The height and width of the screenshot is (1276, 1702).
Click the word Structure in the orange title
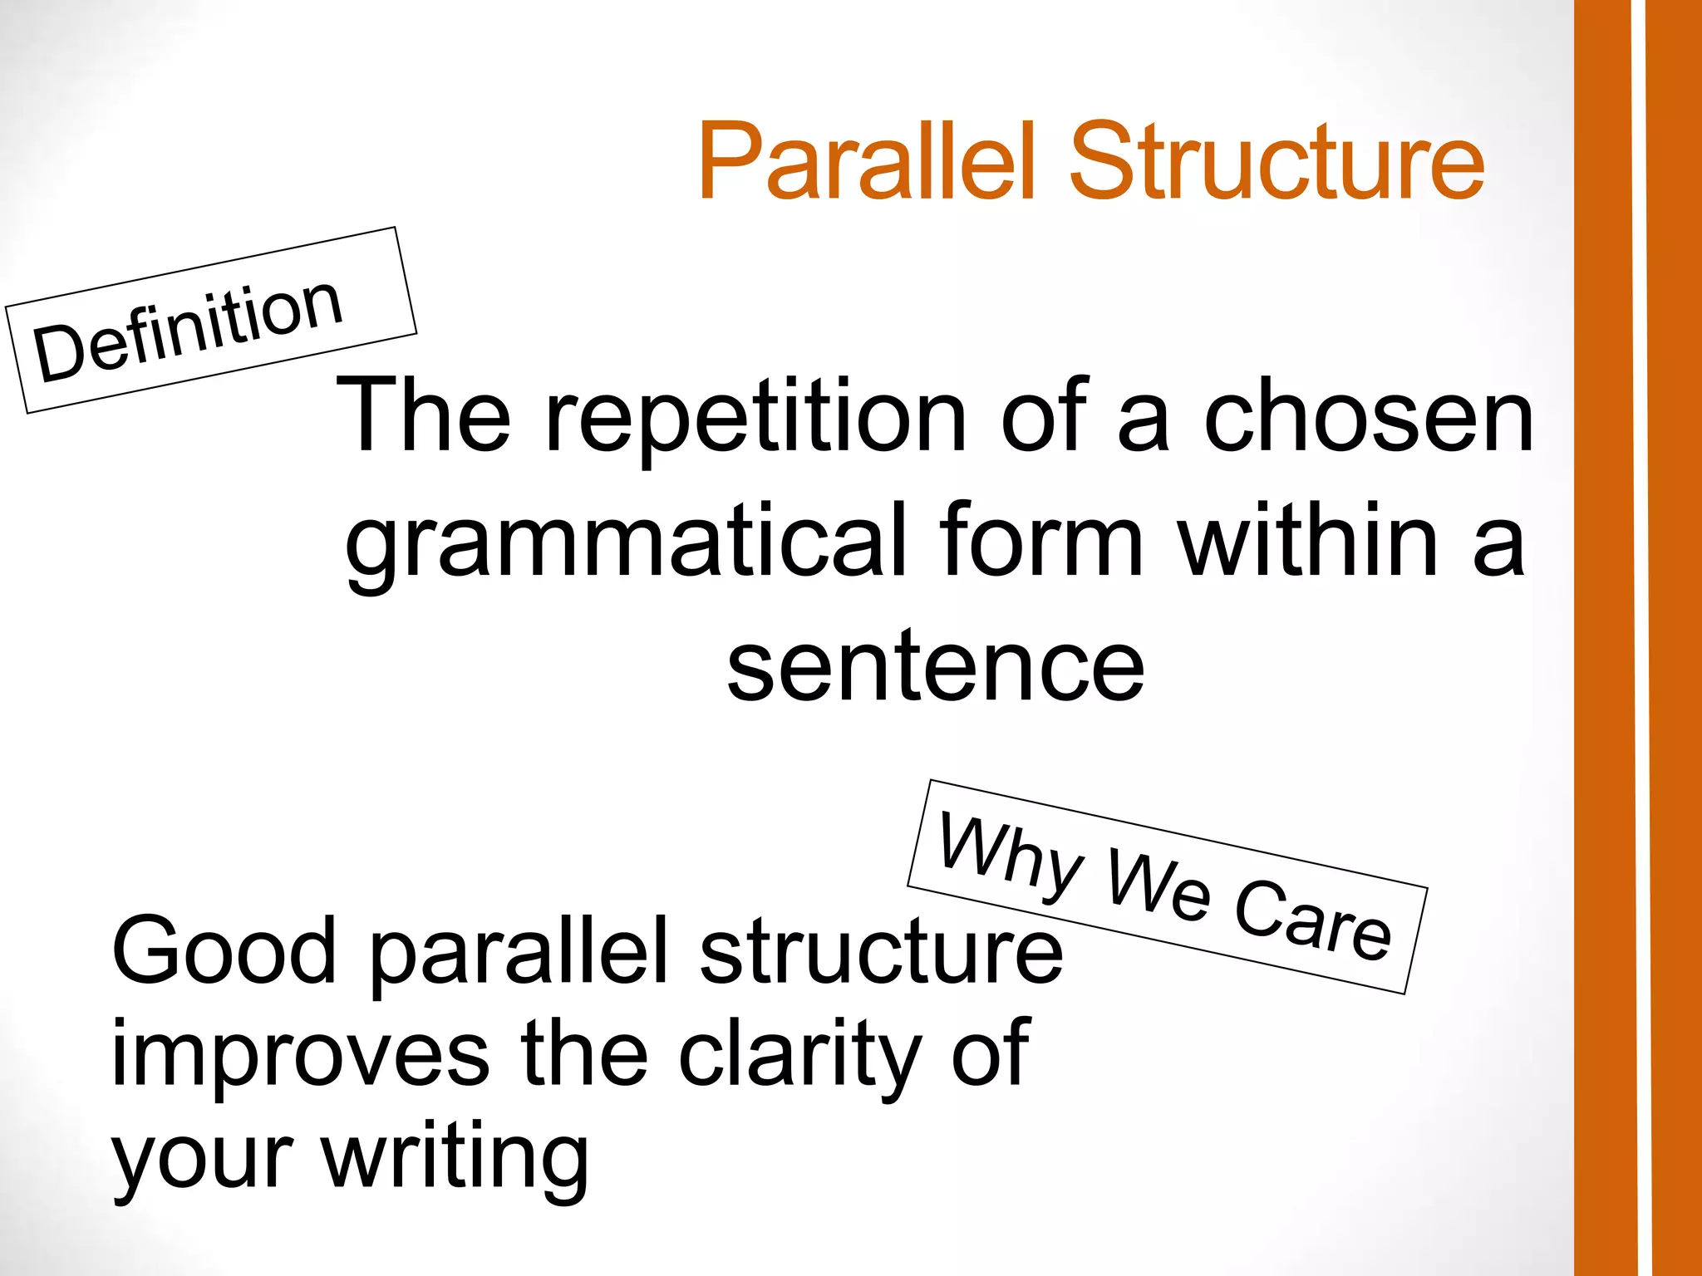1276,162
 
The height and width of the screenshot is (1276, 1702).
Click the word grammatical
624,544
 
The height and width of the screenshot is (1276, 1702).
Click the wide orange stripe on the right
1605,638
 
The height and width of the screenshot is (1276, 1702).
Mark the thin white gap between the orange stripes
1640,638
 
